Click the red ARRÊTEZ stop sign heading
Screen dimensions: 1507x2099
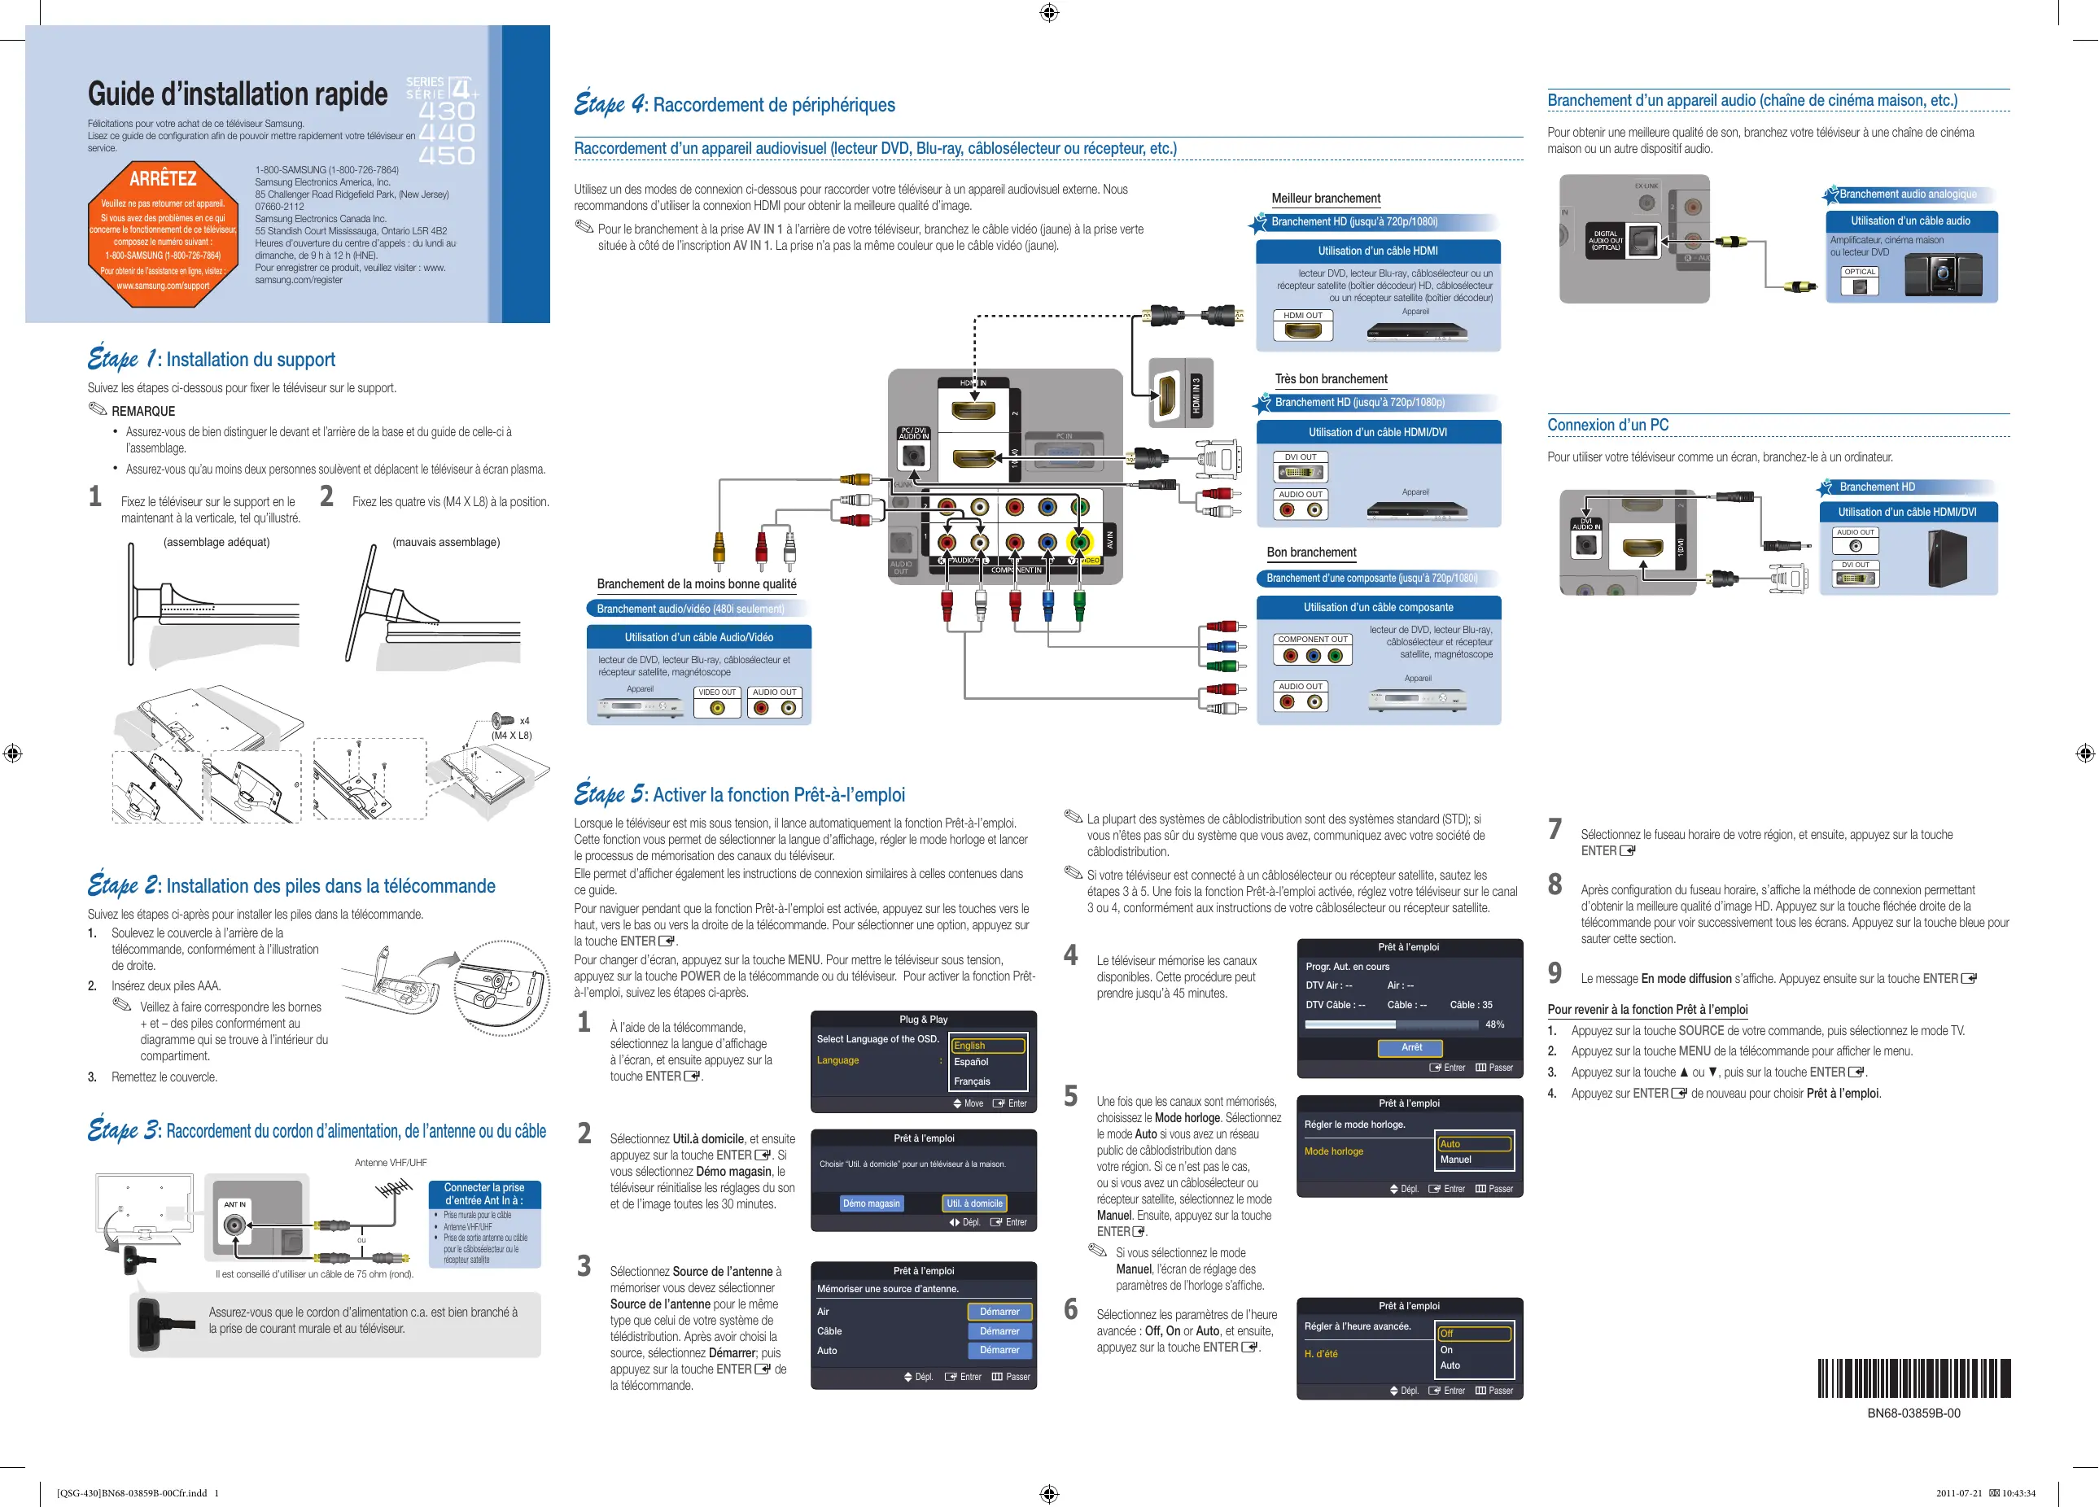click(163, 178)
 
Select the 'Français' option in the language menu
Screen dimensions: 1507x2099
click(972, 1081)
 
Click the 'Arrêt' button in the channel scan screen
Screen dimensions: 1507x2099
click(1411, 1047)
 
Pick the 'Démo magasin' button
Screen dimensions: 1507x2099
click(871, 1203)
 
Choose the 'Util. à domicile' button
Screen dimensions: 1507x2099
click(973, 1203)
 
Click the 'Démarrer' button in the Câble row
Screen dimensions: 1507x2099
click(999, 1331)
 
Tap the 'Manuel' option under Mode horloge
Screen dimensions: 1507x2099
click(1456, 1160)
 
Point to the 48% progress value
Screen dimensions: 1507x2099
click(1493, 1024)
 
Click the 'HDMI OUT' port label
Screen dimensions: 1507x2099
click(1302, 316)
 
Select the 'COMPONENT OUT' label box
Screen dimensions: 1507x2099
click(1312, 640)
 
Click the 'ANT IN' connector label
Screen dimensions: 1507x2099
click(235, 1204)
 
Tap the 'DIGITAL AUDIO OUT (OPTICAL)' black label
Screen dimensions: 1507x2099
click(1606, 241)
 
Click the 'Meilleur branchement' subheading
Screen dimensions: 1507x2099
click(1325, 198)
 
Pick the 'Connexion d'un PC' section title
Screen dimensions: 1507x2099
click(1607, 425)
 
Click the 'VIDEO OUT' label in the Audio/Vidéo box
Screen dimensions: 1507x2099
click(716, 692)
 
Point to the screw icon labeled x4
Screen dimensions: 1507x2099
click(502, 720)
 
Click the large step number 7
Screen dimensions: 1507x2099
click(1555, 829)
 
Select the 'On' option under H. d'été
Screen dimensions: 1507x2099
click(1446, 1350)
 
